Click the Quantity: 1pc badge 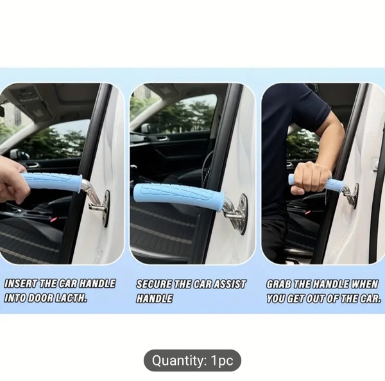coord(193,360)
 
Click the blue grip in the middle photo coord(179,193)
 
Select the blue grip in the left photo coord(51,182)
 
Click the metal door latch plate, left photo coord(106,208)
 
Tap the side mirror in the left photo coord(20,155)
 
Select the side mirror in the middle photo coord(150,128)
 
